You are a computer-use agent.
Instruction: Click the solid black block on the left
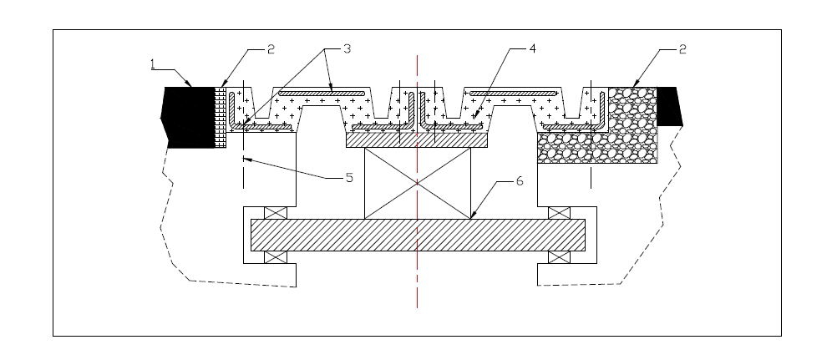[191, 116]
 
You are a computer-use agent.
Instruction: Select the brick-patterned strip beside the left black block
[221, 116]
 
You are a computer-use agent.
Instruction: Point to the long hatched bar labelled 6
[418, 236]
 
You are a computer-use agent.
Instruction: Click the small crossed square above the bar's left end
[276, 213]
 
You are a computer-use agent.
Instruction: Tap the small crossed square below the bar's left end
[276, 257]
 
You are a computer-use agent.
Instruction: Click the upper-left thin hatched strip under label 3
[322, 91]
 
